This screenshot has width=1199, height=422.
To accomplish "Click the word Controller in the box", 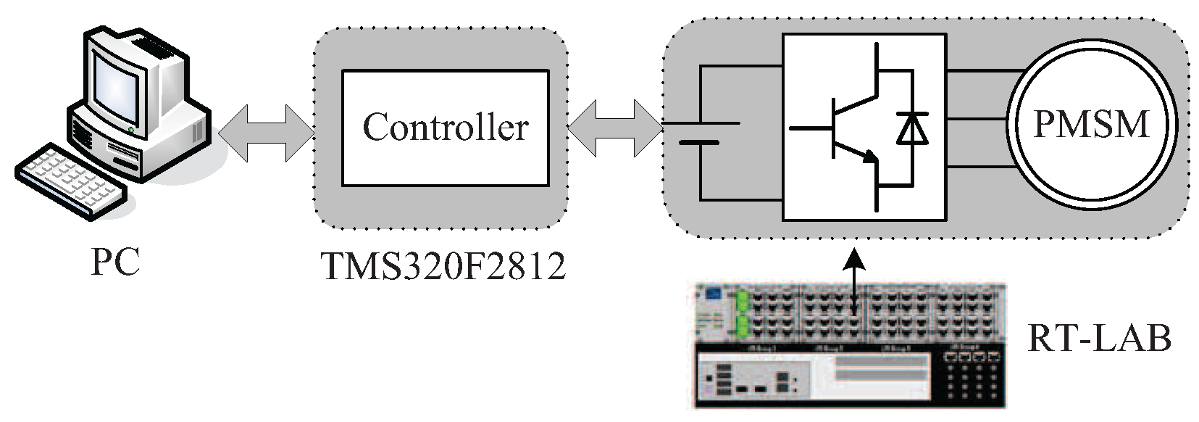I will pos(445,128).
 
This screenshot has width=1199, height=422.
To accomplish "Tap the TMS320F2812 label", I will pos(443,267).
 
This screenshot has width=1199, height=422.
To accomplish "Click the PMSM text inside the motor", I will pos(1091,123).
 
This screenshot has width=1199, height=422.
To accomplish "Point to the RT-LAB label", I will pos(1099,338).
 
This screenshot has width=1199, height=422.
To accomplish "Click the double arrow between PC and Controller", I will pos(265,132).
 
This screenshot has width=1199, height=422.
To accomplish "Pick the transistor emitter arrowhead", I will pos(870,156).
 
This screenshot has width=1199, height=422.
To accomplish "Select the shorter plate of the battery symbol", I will pos(700,143).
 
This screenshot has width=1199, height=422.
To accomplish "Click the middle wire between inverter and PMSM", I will pos(975,118).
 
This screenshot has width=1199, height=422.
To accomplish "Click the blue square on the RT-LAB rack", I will pos(714,294).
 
